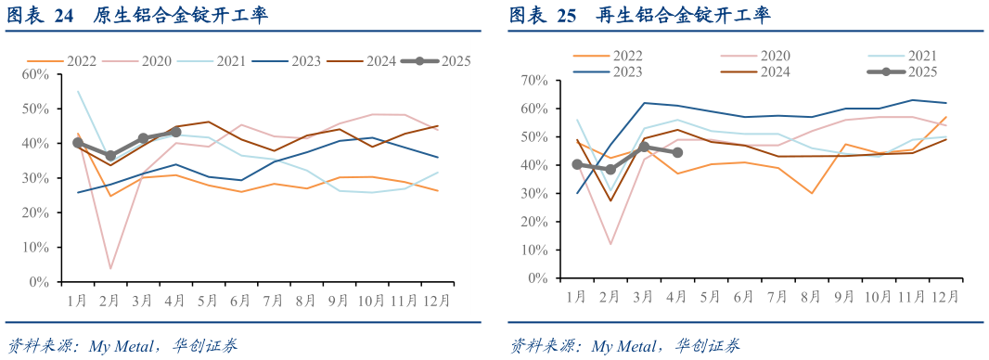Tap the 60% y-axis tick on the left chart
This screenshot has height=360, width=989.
click(35, 74)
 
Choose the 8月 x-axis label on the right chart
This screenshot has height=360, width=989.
click(810, 297)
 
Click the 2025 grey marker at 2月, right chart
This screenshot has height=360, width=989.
click(610, 170)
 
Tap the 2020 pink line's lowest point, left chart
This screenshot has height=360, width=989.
click(110, 269)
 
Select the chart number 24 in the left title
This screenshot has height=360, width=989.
click(63, 16)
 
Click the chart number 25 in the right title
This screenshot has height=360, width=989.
click(564, 16)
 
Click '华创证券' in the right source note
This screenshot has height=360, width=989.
click(708, 346)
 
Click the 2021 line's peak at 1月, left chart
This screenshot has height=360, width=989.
click(78, 91)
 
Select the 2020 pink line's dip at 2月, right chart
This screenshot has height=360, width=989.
click(610, 244)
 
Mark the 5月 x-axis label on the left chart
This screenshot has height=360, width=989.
click(208, 302)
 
